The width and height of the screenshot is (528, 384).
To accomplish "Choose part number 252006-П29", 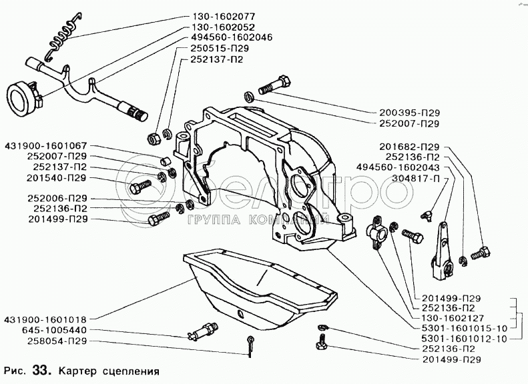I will pyautogui.click(x=57, y=199).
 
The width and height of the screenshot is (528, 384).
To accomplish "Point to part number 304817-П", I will pyautogui.click(x=416, y=178).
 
